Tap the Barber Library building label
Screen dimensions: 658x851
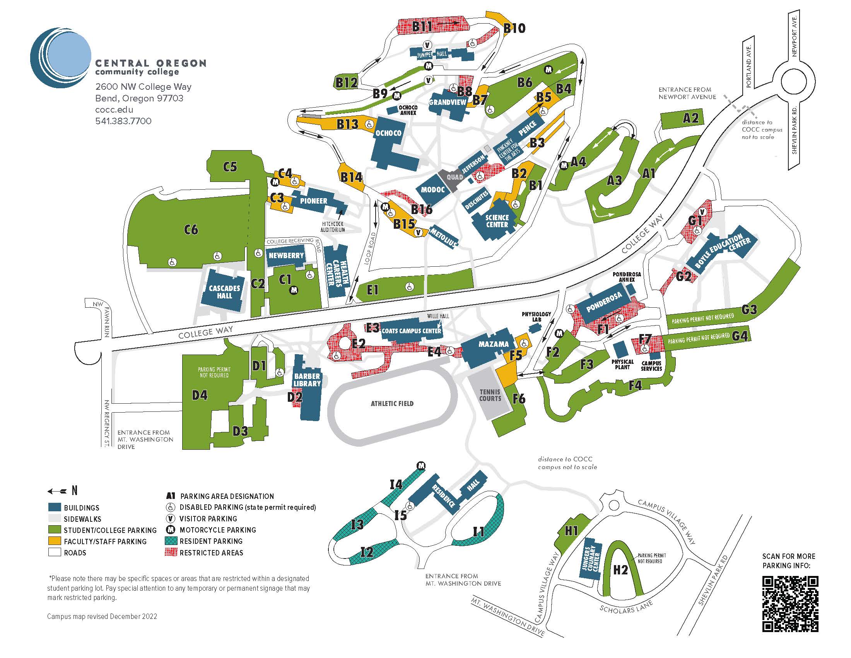click(307, 380)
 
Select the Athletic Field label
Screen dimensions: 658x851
click(392, 403)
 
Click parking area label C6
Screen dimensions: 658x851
click(191, 230)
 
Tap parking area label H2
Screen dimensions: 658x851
click(620, 570)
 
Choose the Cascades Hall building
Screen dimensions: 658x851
click(224, 291)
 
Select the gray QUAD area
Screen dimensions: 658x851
click(454, 177)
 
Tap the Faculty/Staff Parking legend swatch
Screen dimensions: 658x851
click(55, 541)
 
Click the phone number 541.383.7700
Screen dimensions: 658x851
click(123, 121)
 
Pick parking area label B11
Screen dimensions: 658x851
click(422, 26)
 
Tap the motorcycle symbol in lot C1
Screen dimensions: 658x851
click(295, 290)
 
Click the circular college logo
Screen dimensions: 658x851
click(61, 58)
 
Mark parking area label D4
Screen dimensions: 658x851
click(200, 396)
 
